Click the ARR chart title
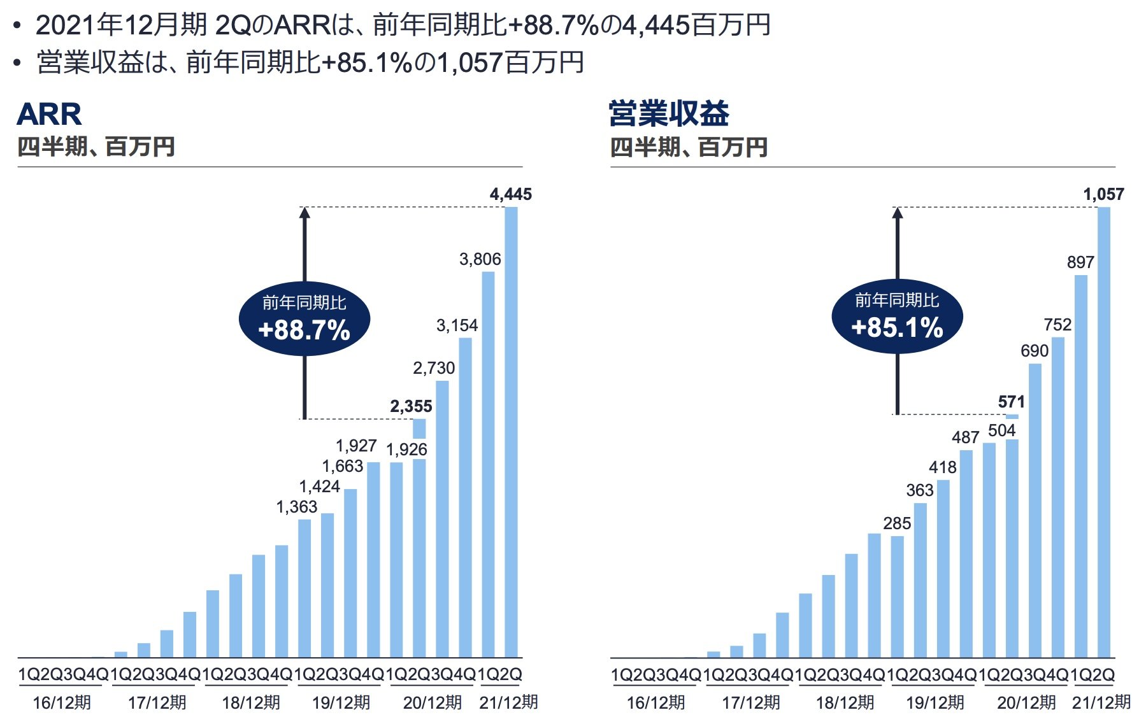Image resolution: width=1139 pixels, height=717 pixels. click(x=49, y=115)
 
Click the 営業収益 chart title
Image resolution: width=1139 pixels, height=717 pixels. click(x=668, y=114)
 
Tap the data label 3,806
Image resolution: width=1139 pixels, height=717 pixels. click(x=480, y=259)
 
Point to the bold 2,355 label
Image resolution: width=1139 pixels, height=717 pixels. click(x=411, y=406)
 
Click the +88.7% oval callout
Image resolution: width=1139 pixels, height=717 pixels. click(x=304, y=319)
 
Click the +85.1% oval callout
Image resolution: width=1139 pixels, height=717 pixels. click(x=897, y=317)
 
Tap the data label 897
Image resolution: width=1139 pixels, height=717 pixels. click(x=1080, y=262)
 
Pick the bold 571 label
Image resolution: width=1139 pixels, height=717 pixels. click(x=1011, y=402)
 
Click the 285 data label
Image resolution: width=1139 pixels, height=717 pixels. click(x=897, y=523)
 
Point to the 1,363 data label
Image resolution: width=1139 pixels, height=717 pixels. click(x=296, y=507)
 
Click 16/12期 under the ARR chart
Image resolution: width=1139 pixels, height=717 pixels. click(x=62, y=703)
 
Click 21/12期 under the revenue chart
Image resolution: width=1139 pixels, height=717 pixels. click(x=1101, y=703)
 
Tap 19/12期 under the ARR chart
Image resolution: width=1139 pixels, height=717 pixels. click(x=341, y=703)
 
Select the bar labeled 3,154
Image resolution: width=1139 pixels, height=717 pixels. click(x=465, y=497)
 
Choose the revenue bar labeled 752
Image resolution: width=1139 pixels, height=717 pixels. click(x=1057, y=497)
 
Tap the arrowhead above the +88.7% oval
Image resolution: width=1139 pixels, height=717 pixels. click(x=304, y=213)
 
